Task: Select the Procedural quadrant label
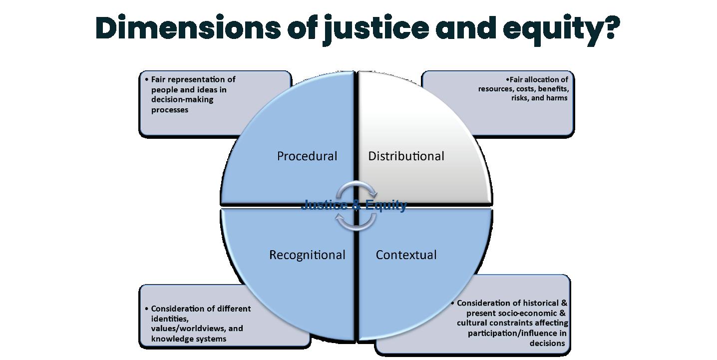point(307,156)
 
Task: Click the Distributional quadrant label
point(406,156)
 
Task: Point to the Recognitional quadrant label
point(307,255)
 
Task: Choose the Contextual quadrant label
point(406,255)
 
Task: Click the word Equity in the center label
point(386,205)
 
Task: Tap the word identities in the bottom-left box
point(169,319)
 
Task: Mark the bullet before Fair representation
point(146,80)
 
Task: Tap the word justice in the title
point(375,29)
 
